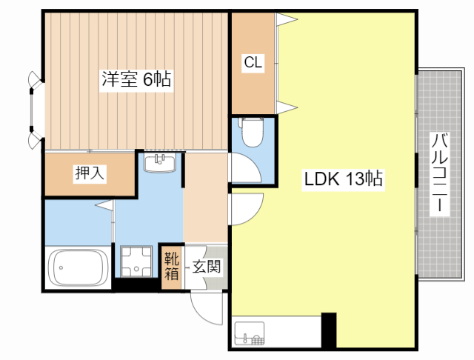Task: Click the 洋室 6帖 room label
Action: (x=136, y=79)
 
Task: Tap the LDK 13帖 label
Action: (x=344, y=179)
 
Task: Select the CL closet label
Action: (x=253, y=62)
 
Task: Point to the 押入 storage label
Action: (x=90, y=173)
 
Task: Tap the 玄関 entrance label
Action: (x=207, y=267)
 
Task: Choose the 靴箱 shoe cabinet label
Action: (x=171, y=267)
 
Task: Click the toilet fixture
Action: (x=252, y=132)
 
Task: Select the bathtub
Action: (x=79, y=267)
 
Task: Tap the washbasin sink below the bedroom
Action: (x=160, y=162)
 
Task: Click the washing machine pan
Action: (x=136, y=261)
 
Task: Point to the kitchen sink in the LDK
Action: (x=250, y=333)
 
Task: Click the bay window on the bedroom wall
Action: (x=34, y=110)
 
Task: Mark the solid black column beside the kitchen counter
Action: (x=329, y=330)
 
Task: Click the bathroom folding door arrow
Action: (x=104, y=204)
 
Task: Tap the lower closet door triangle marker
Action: (x=287, y=107)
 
